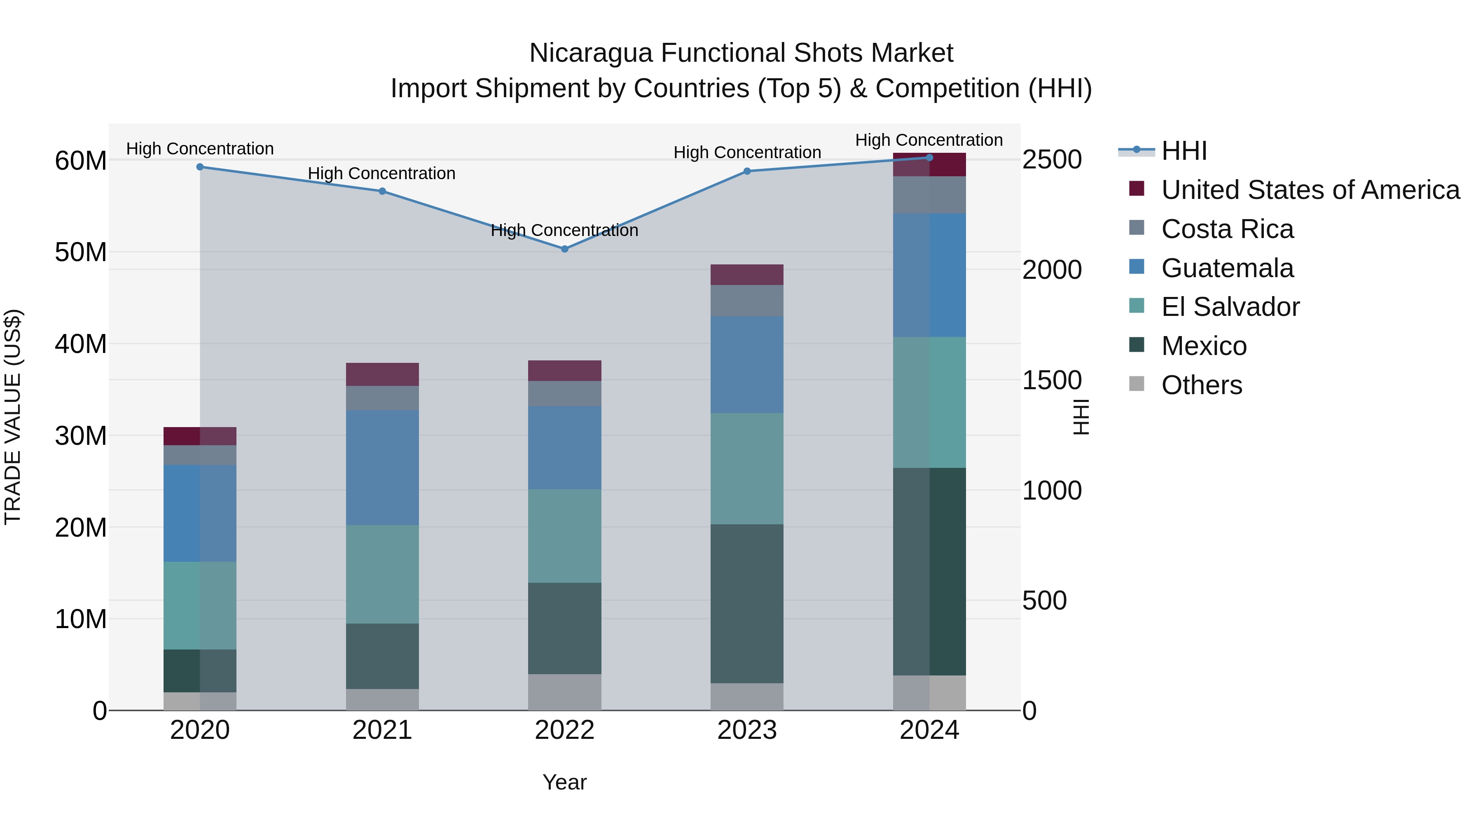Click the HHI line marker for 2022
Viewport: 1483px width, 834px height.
coord(564,249)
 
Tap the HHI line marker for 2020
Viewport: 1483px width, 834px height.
coord(200,167)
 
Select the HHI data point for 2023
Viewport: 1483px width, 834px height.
coord(747,171)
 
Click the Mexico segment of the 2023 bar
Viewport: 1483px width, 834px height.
coord(747,603)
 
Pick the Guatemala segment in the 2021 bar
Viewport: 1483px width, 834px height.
coord(382,467)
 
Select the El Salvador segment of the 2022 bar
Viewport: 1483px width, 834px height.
coord(564,536)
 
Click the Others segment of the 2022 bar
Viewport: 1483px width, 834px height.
coord(564,692)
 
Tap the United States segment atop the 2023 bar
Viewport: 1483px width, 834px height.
coord(747,275)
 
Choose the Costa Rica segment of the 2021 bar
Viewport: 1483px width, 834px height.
coord(382,398)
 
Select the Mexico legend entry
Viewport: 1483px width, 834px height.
coord(1204,346)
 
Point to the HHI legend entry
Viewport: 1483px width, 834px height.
coord(1184,151)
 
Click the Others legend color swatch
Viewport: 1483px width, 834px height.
coord(1137,384)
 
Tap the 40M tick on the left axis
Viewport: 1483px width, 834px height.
coord(81,344)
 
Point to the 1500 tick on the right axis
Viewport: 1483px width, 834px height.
coord(1051,381)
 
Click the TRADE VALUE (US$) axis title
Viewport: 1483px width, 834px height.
coord(13,417)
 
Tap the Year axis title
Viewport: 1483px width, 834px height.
coord(564,782)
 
